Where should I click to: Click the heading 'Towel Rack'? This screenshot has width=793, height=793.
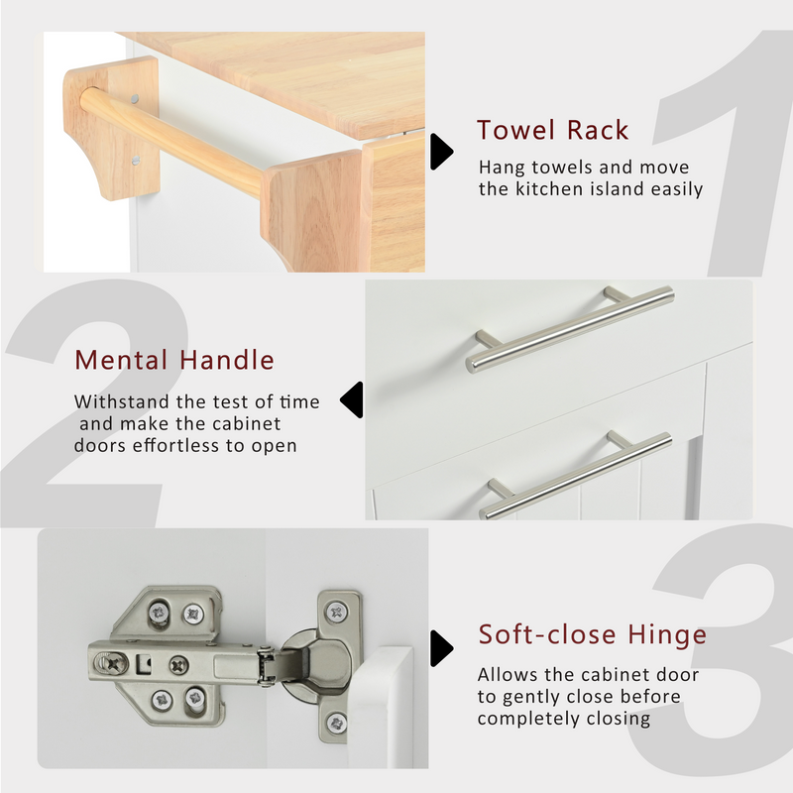coord(552,130)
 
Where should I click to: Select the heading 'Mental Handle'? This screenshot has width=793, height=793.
coord(174,360)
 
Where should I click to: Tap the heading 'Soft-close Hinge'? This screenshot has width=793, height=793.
coord(592,634)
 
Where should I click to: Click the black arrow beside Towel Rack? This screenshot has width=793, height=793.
coord(441,152)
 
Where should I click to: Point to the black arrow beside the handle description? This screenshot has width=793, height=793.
coord(352,399)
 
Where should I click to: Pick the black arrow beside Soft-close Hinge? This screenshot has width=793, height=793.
coord(441,648)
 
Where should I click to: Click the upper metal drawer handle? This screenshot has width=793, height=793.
coord(571,329)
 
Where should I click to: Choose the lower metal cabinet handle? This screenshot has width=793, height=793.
coord(576,476)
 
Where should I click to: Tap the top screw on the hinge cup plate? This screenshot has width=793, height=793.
coord(336,613)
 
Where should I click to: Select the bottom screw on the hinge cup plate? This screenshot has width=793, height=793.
coord(336,723)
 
